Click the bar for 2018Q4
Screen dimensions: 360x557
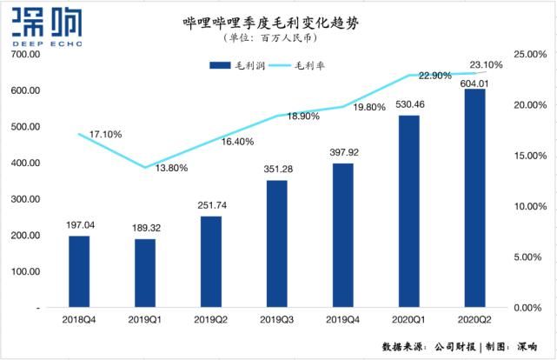79,271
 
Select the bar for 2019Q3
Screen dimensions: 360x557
277,243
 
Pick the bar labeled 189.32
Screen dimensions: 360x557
145,273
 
